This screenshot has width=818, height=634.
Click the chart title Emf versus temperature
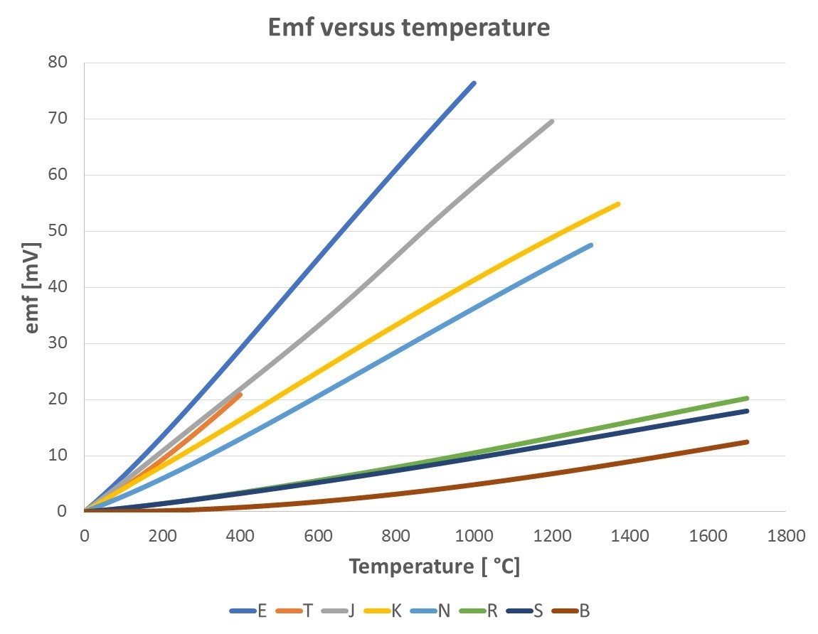click(x=408, y=28)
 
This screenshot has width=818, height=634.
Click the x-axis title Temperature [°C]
click(x=434, y=567)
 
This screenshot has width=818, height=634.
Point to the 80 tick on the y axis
click(x=58, y=63)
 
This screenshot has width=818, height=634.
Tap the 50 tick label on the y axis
click(x=58, y=231)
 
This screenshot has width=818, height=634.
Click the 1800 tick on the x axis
click(x=785, y=536)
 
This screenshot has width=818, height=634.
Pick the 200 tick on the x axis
click(x=162, y=536)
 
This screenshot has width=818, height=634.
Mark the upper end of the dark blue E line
click(x=474, y=83)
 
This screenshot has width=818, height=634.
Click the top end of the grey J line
click(x=552, y=121)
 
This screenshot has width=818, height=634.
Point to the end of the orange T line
click(x=240, y=394)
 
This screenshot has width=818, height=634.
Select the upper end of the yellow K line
click(x=618, y=204)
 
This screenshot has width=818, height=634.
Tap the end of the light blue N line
click(x=590, y=245)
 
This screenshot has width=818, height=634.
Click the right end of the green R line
click(x=746, y=398)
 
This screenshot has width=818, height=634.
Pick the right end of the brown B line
click(x=746, y=441)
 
